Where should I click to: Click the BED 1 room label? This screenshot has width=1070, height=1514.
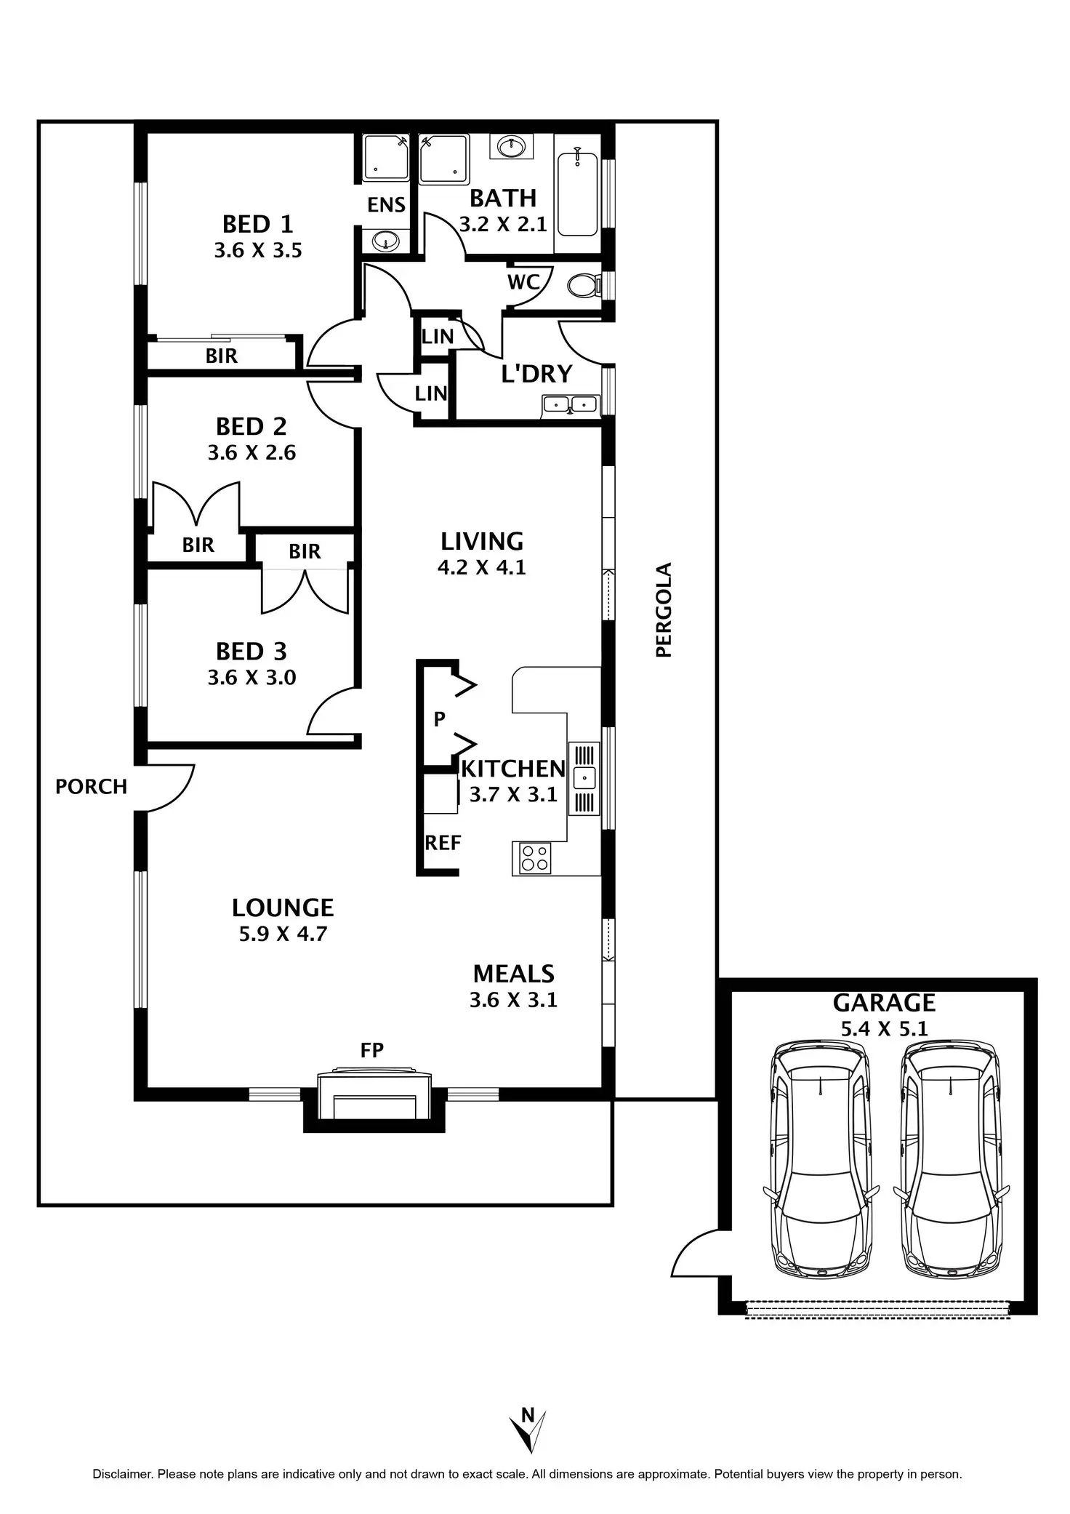257,223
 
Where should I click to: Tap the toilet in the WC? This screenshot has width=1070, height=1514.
584,285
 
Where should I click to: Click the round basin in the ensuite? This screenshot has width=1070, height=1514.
386,240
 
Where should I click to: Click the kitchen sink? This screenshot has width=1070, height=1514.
584,777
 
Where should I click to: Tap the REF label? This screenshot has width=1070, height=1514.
443,843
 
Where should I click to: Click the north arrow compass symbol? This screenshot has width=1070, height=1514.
529,1429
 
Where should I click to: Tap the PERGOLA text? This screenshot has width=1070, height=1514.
664,609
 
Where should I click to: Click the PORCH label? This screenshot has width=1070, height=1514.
91,787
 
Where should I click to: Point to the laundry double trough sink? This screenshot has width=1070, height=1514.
571,404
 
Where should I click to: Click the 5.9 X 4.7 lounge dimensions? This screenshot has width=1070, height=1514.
283,934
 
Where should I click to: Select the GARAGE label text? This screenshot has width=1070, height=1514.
884,1003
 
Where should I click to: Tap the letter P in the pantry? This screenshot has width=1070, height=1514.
439,719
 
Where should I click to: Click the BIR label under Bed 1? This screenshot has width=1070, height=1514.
222,356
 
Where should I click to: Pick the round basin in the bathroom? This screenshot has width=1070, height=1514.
512,147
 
